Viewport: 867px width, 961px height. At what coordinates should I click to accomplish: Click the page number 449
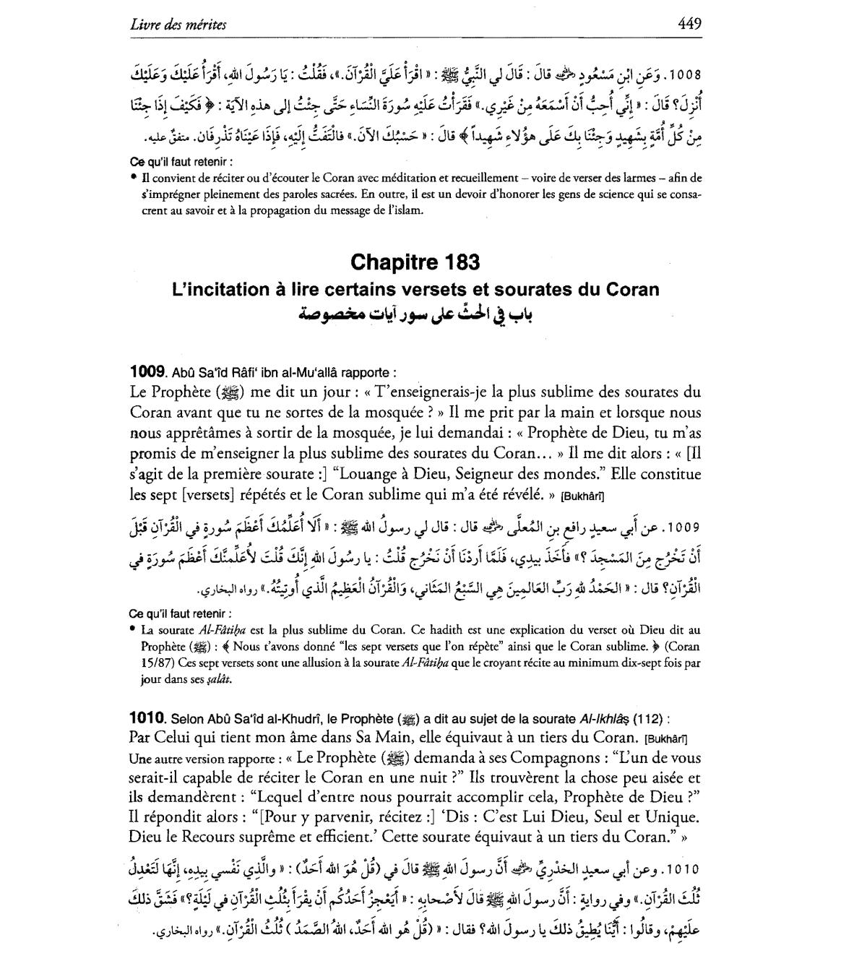[689, 24]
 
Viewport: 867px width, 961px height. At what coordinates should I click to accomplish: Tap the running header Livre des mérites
[178, 25]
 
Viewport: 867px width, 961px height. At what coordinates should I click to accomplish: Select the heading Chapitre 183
[415, 262]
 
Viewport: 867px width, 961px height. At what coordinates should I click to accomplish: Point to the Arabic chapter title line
[415, 315]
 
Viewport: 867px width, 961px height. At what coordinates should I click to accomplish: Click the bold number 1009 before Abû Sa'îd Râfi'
[147, 372]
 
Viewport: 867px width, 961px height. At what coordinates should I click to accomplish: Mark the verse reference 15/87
[162, 662]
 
